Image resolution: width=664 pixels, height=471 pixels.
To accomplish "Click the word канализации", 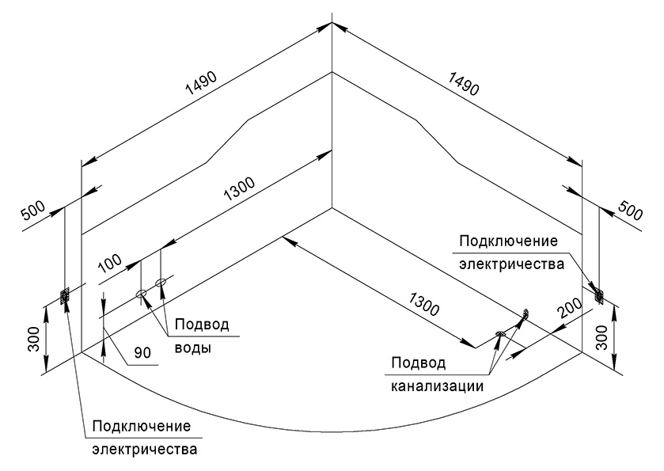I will (437, 386).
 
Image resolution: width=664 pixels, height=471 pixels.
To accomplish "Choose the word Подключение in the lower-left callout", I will (142, 427).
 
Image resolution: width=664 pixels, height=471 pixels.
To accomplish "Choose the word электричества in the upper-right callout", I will (511, 263).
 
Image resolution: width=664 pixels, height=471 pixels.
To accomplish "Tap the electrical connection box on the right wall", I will (598, 294).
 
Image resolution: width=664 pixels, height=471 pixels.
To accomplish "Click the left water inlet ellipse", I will (142, 294).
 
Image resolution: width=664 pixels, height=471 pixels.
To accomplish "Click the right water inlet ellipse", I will (161, 282).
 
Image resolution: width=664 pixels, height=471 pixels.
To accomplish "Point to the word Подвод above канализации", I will (418, 363).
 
